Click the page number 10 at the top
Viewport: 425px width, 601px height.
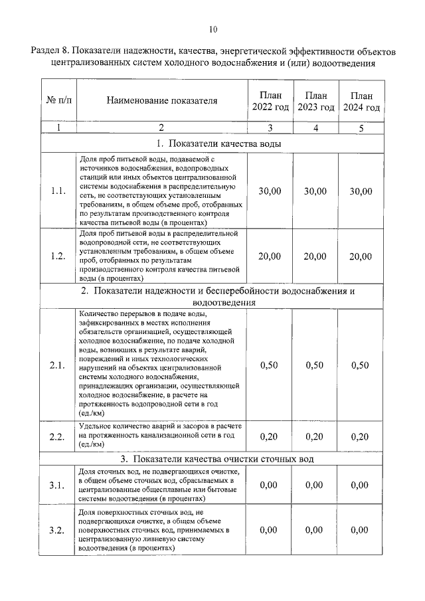212,29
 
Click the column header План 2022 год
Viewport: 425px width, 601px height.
270,102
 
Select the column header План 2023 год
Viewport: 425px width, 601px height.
315,102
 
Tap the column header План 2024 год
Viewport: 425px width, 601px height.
361,102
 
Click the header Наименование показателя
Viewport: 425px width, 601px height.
161,102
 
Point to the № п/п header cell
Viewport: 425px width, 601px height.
58,102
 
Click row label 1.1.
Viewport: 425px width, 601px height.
58,191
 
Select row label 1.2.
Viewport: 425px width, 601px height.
58,256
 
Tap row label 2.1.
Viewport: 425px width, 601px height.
58,365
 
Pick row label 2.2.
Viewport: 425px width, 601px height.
58,436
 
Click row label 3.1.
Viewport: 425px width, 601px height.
58,485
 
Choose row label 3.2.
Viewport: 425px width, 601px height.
58,530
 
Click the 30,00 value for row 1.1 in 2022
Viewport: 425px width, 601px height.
270,191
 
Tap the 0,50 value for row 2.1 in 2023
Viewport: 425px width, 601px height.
315,365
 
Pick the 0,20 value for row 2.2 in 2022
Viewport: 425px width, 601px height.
270,436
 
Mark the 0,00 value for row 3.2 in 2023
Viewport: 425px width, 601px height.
315,530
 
